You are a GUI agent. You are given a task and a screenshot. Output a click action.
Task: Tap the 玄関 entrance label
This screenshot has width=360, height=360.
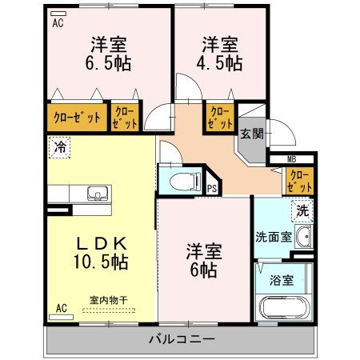click(x=248, y=134)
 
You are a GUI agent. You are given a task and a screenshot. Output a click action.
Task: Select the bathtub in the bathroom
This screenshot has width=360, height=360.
click(x=283, y=307)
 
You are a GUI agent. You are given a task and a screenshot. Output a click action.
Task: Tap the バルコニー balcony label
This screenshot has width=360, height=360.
click(x=182, y=339)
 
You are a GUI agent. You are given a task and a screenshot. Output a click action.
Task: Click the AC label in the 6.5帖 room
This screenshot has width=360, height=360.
click(x=58, y=23)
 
